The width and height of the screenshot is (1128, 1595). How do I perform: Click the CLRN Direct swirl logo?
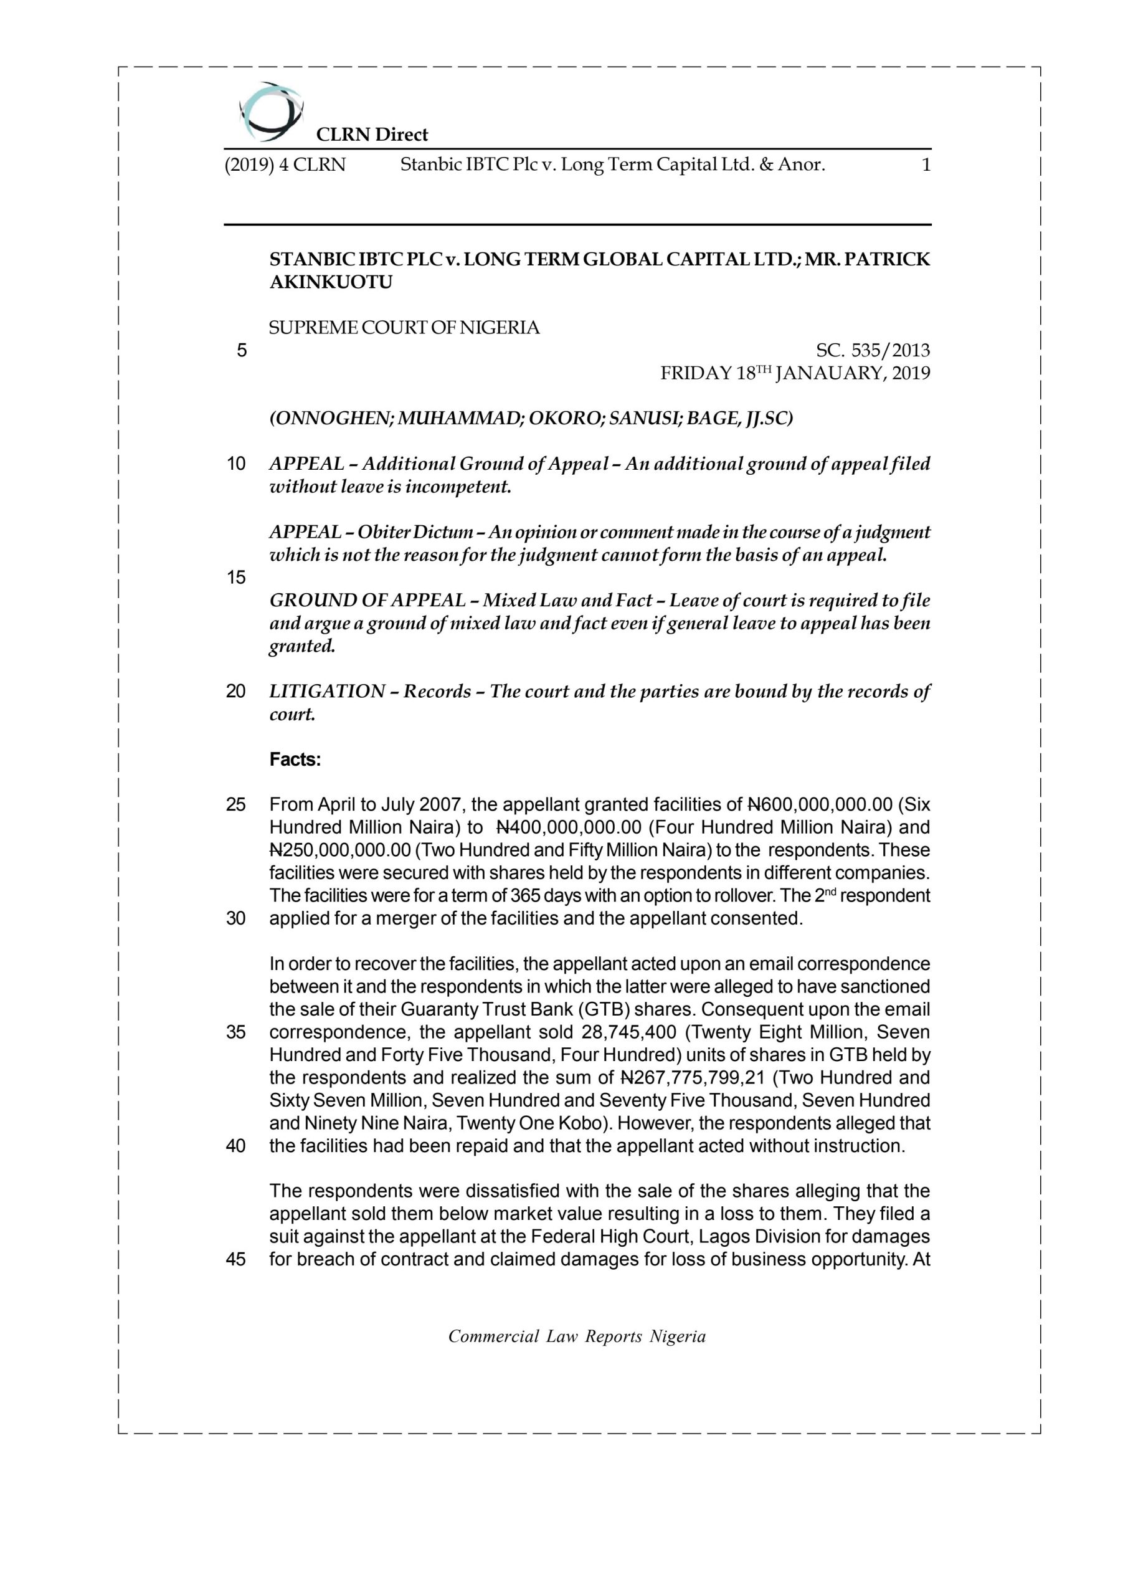click(270, 111)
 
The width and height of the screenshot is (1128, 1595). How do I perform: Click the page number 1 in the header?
click(925, 165)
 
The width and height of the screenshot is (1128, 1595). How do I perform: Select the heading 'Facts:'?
click(295, 760)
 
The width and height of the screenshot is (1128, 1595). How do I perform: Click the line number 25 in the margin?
click(236, 805)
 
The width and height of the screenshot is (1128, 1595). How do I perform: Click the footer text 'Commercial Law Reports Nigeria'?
click(577, 1336)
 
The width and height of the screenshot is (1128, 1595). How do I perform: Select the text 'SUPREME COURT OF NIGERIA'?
click(404, 328)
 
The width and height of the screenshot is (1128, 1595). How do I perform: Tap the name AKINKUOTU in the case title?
click(331, 282)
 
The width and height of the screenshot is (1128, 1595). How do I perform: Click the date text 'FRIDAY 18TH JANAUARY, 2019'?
click(795, 374)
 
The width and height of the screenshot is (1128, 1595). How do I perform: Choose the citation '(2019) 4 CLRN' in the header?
click(285, 165)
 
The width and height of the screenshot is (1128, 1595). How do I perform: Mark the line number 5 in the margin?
click(241, 350)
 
